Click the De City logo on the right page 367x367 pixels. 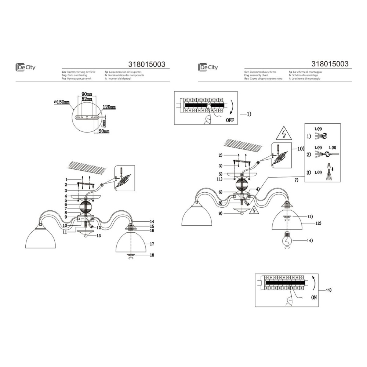coord(208,67)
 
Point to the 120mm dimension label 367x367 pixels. coord(109,107)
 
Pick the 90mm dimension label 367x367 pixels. coord(87,95)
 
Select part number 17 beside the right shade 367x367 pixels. coord(151,244)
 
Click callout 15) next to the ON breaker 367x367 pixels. coord(328,290)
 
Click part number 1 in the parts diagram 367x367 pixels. coord(66,179)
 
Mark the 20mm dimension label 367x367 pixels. coord(104,131)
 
